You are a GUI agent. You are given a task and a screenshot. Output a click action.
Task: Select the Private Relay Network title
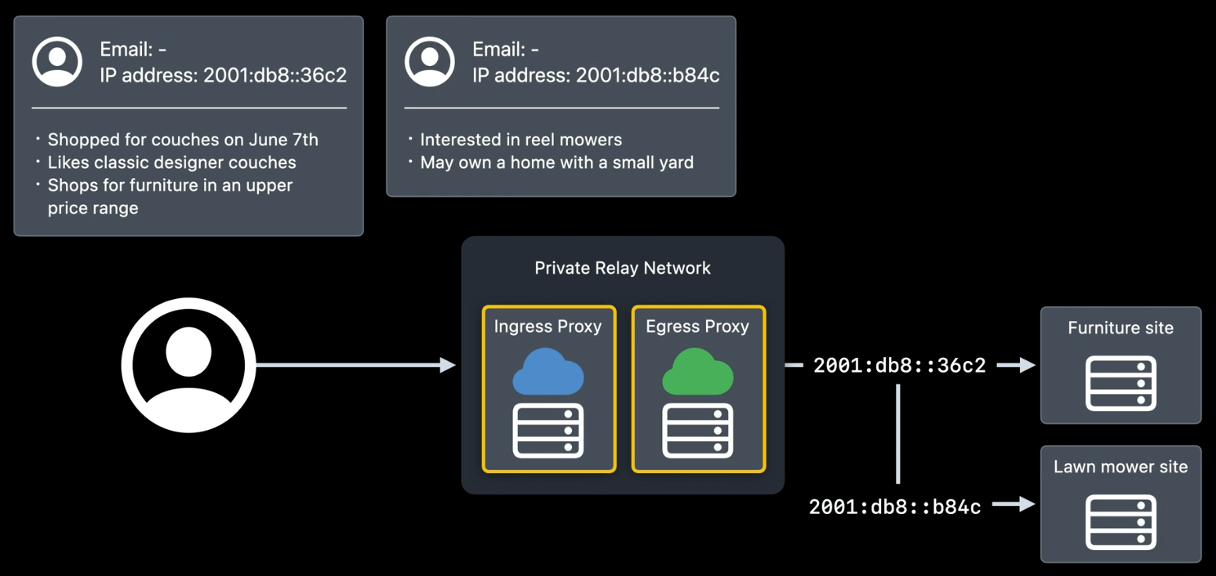pos(622,268)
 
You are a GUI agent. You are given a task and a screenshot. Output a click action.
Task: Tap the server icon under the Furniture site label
pos(1120,383)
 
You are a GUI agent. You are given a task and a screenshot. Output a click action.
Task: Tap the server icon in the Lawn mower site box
pos(1120,522)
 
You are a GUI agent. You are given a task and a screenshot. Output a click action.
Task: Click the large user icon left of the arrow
pos(188,365)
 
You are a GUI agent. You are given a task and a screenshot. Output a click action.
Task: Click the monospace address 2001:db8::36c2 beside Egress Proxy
pos(899,366)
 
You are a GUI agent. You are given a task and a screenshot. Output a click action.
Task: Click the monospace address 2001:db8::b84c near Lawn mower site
pos(894,507)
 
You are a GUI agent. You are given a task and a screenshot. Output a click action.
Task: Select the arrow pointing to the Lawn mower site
pos(1014,505)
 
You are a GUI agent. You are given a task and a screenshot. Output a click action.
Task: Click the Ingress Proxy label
pos(548,326)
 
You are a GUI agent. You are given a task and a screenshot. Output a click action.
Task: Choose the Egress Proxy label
pos(697,326)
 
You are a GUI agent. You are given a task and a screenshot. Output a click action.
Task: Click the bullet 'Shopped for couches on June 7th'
pos(183,140)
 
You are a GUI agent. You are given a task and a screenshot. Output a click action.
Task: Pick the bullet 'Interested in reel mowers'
pos(521,140)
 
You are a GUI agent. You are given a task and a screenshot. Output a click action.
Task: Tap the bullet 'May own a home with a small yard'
pos(556,162)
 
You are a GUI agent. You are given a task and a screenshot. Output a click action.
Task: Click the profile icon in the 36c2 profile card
pos(56,61)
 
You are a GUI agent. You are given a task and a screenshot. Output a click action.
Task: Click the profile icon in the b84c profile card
pos(429,61)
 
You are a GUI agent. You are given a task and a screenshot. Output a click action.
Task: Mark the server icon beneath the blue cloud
pos(548,430)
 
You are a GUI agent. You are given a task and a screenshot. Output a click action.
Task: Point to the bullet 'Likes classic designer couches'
pos(172,162)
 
